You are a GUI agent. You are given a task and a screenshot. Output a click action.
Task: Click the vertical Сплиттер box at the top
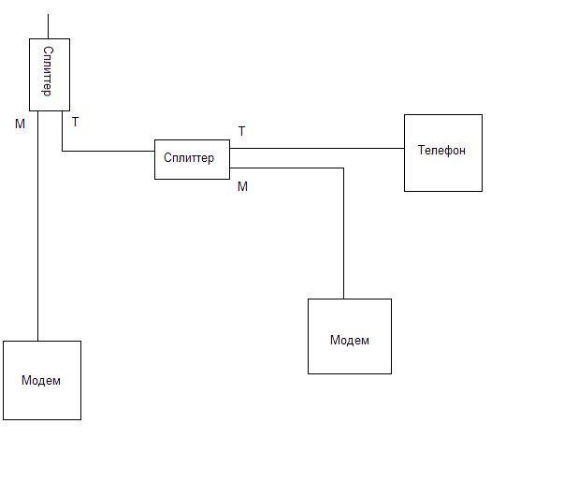point(50,75)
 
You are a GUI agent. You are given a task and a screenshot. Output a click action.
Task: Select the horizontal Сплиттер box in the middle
point(192,159)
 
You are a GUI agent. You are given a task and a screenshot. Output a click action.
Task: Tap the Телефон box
point(442,153)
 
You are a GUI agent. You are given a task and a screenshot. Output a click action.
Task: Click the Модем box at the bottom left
point(41,380)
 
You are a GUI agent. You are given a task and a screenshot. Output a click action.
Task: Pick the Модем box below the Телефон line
point(349,336)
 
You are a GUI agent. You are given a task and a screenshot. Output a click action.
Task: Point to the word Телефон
point(441,150)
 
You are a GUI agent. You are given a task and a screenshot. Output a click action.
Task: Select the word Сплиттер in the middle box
point(189,157)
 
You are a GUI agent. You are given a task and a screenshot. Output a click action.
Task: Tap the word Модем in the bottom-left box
point(41,380)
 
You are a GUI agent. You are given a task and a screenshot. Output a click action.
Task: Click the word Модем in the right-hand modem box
point(350,340)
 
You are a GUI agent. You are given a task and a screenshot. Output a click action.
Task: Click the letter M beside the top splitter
point(20,124)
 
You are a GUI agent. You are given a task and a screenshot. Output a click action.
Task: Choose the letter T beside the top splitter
point(75,122)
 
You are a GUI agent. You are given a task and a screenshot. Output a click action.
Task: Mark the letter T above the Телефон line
point(242,131)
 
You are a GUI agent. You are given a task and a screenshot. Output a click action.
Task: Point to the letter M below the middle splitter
point(242,186)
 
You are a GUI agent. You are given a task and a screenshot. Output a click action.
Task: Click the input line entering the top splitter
point(48,26)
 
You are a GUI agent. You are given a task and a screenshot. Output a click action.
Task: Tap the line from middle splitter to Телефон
point(318,148)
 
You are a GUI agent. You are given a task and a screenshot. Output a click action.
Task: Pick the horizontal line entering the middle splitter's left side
point(108,150)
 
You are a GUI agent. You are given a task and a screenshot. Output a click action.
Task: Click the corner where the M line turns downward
point(343,168)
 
